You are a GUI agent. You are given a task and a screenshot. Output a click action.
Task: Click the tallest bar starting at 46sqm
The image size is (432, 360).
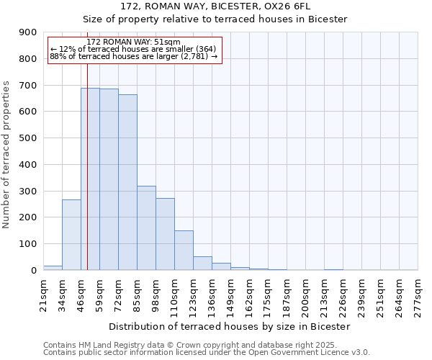90,179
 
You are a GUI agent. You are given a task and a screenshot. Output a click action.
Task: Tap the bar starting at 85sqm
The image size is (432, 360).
146,228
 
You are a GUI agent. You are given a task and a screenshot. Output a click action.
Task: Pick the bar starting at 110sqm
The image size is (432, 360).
184,250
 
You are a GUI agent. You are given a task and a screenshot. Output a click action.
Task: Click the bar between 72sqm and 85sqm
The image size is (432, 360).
127,182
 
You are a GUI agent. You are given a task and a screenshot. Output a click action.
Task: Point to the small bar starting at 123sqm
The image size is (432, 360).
202,263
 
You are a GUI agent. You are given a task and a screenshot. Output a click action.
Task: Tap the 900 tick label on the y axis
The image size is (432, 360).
28,32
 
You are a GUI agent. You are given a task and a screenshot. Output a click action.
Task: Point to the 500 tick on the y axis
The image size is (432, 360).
28,138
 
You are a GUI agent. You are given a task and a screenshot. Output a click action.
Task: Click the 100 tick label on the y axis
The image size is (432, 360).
28,244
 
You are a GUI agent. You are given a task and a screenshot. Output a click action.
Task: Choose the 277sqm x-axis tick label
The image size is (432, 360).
418,294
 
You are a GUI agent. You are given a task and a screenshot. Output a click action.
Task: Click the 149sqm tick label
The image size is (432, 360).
230,294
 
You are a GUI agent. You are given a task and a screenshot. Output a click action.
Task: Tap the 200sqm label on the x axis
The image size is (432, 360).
305,294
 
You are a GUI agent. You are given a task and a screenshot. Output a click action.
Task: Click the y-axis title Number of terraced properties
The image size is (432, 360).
6,155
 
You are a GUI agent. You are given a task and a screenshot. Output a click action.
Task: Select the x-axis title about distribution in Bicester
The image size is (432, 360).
230,326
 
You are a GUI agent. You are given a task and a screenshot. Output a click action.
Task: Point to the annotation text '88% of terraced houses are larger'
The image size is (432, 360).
133,56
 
